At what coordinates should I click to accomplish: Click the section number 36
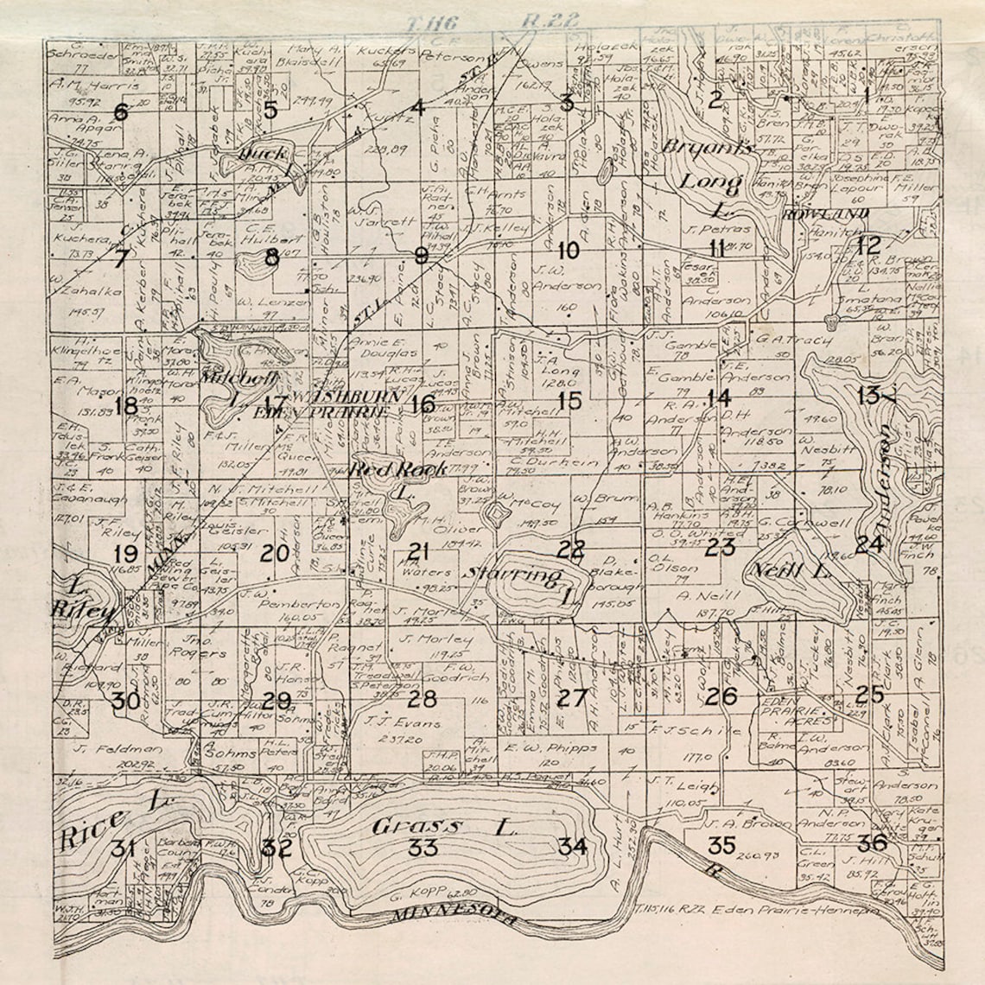point(872,842)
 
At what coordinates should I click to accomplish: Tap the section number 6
point(120,112)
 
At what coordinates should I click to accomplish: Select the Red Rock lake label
point(398,469)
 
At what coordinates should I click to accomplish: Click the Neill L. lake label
point(790,571)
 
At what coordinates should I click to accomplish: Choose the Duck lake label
point(264,155)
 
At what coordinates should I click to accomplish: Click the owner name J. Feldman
point(107,748)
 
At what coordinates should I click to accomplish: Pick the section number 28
point(423,698)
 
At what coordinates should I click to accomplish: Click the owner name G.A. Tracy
point(786,340)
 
